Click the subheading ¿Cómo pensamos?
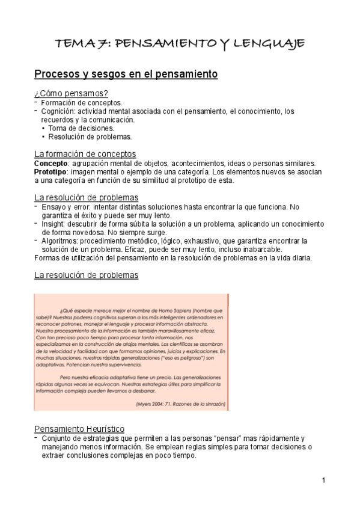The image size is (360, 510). [71, 93]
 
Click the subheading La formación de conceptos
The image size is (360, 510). [85, 154]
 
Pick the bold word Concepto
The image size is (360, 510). [51, 164]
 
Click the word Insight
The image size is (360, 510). [53, 224]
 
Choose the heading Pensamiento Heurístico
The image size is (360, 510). [79, 429]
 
